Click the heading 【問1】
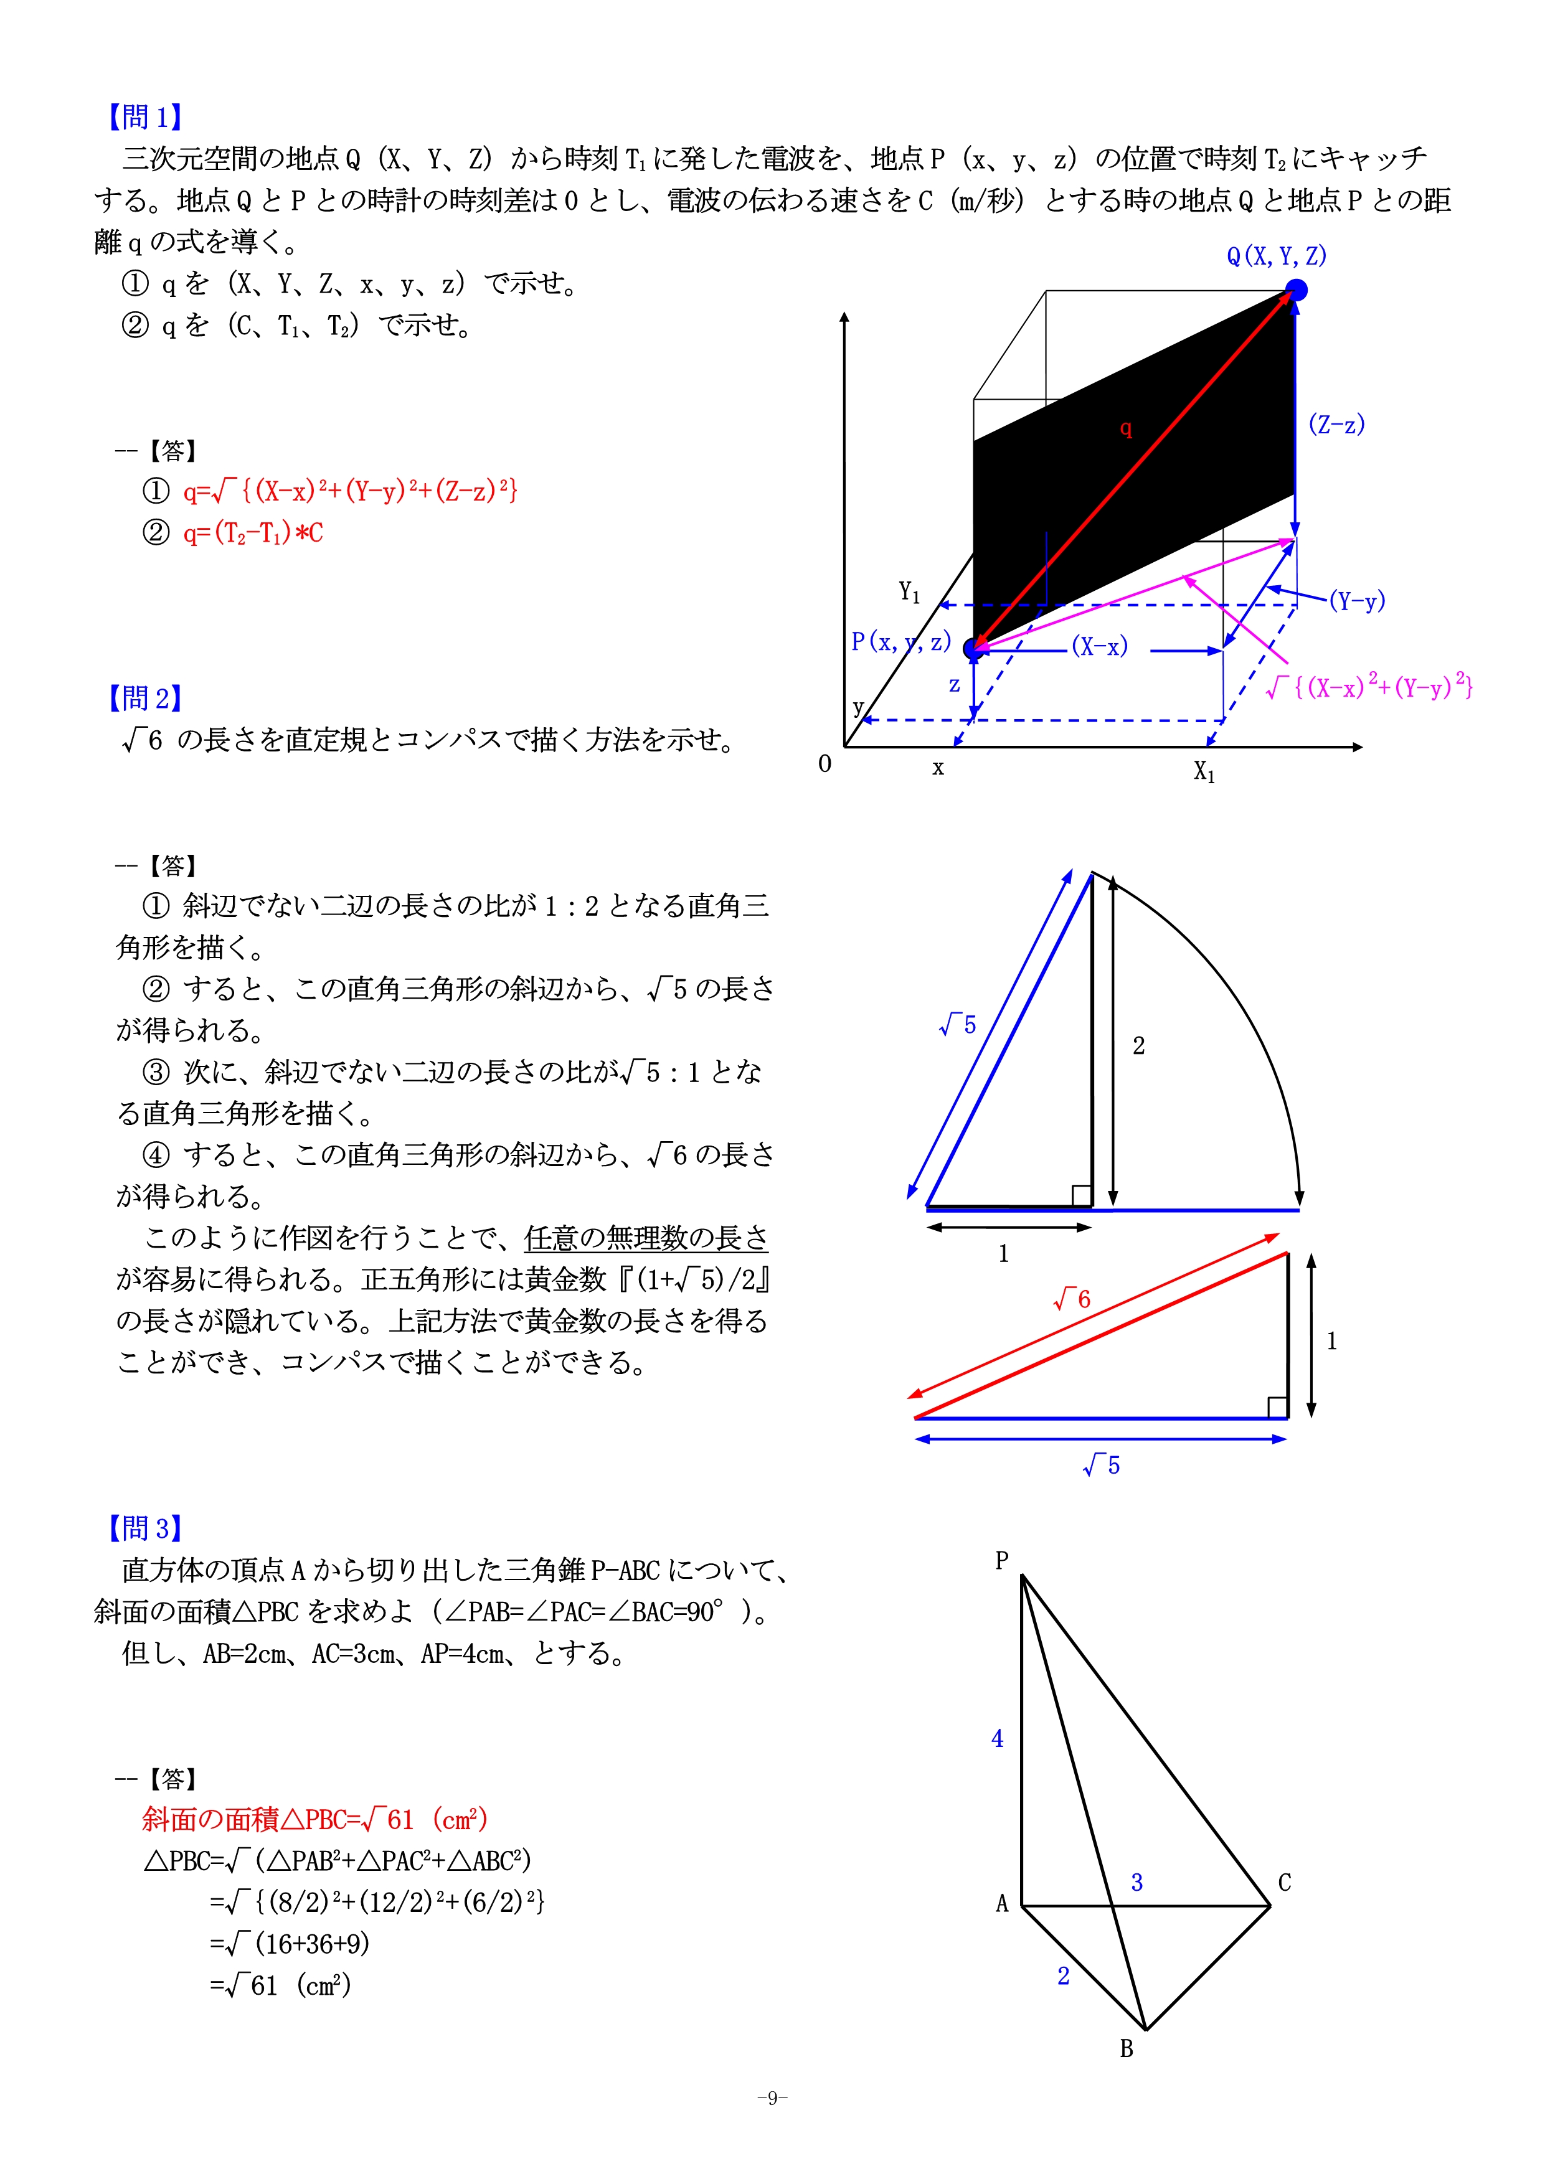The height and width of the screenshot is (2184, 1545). click(144, 117)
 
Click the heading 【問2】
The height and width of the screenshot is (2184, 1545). click(144, 698)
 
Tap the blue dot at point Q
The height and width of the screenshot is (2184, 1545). click(1296, 290)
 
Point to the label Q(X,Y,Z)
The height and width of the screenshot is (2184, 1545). click(1276, 256)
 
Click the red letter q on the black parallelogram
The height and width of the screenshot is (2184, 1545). click(1125, 429)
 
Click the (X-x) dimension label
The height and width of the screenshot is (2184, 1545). click(1100, 647)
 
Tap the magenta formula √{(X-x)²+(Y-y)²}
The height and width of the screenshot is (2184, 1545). click(1370, 686)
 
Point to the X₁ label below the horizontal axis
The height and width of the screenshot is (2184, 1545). click(1204, 771)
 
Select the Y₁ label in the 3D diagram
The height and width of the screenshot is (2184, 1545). click(909, 593)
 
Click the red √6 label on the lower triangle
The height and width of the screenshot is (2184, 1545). click(1072, 1299)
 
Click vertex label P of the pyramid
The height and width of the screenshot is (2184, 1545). click(1002, 1561)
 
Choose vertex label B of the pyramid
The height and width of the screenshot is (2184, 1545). click(1127, 2049)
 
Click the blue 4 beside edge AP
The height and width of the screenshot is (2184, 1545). click(997, 1739)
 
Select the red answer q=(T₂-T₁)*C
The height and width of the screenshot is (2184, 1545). click(253, 533)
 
